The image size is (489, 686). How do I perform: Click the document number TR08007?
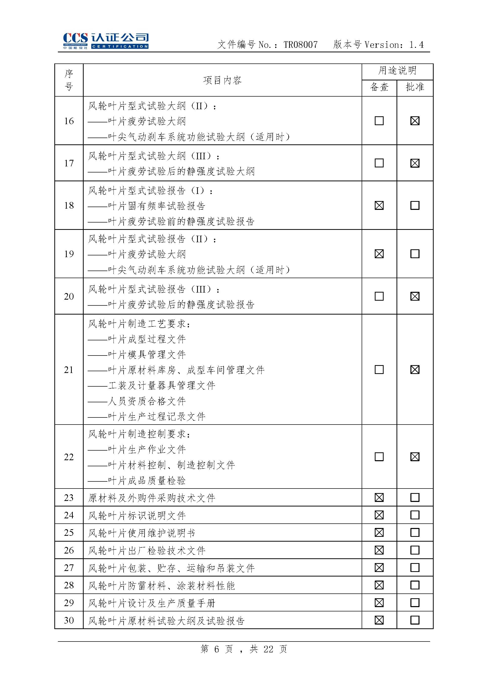300,45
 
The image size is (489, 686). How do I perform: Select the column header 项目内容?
222,80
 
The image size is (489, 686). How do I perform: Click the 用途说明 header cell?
397,71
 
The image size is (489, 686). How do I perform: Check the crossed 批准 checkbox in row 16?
415,121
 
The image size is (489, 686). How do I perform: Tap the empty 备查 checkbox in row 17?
379,163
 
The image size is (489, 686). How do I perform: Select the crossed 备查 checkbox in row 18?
379,206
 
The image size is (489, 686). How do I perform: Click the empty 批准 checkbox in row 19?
415,254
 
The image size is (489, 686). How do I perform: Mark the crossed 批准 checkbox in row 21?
415,370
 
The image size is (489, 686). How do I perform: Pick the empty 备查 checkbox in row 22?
379,457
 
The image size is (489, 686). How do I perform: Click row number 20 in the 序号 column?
69,296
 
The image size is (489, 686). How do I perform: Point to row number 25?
69,533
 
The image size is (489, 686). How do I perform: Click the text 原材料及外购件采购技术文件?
151,498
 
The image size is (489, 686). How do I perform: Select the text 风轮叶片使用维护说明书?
142,533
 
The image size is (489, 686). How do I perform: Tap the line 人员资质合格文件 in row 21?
147,401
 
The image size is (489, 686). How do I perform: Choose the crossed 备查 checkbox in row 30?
379,620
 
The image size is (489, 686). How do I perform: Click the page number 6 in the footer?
217,649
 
